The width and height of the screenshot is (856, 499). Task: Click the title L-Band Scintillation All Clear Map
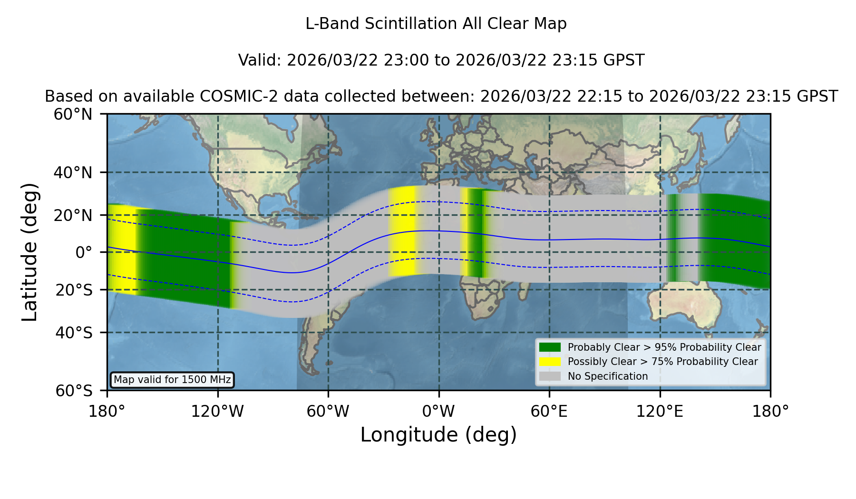(x=436, y=23)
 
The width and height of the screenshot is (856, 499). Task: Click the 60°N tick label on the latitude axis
(x=73, y=114)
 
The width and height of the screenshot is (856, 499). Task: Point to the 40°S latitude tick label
(x=74, y=332)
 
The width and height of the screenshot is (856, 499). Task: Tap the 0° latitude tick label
(x=84, y=252)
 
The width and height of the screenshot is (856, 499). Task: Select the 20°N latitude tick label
(x=73, y=215)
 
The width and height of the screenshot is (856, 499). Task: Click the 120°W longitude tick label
(x=217, y=411)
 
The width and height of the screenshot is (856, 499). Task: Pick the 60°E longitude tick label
(x=549, y=411)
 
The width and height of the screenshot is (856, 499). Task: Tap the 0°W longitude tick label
(x=438, y=411)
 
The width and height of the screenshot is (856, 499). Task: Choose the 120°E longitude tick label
(x=660, y=411)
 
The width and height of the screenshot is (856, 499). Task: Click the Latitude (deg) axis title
(x=30, y=252)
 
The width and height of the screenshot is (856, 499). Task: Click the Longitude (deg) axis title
(x=438, y=435)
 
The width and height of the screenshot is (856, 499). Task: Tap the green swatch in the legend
(x=550, y=347)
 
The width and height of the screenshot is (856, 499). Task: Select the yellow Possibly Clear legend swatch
(x=550, y=362)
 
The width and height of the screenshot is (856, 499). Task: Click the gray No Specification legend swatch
(x=550, y=376)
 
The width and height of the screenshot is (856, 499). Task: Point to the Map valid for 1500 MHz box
(x=172, y=380)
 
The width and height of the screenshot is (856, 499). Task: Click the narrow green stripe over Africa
(x=476, y=233)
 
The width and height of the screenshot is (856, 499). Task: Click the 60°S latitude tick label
(x=74, y=391)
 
